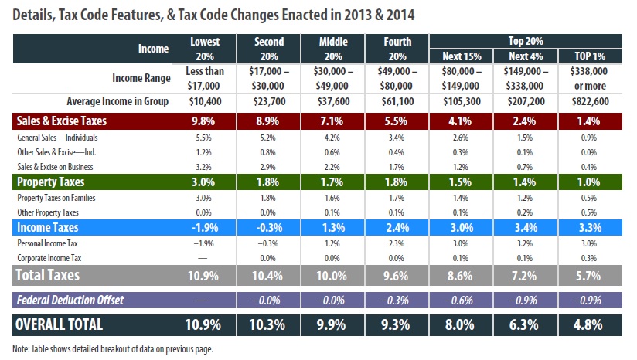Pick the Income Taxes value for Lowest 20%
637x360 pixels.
tap(205, 227)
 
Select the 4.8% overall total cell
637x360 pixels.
tap(591, 324)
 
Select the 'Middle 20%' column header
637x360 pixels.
tap(333, 48)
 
